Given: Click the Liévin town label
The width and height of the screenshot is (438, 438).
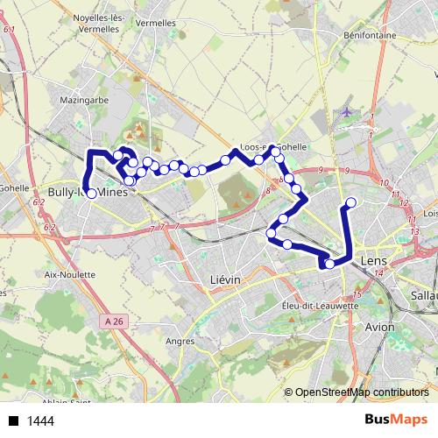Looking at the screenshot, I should click(226, 278).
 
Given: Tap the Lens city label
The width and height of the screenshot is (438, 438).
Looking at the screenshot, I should click(372, 262).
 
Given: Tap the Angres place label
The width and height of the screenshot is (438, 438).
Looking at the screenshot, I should click(180, 342).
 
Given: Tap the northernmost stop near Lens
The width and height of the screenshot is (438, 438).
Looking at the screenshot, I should click(351, 203).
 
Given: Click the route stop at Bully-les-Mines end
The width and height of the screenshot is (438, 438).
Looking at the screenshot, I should click(91, 194).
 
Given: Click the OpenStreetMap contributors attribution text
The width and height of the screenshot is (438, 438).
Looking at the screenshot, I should click(362, 392).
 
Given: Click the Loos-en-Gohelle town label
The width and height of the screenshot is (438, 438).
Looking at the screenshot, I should click(273, 147).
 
